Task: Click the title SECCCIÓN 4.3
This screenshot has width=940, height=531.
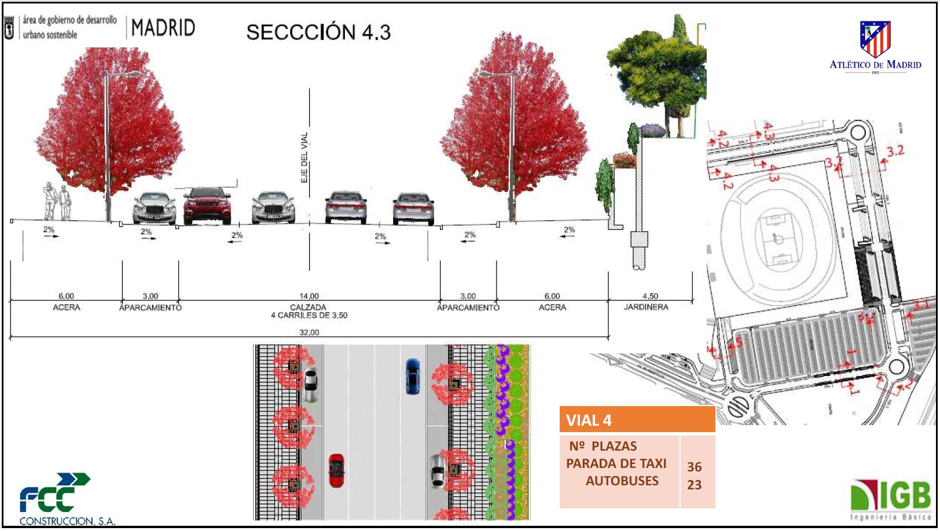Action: [318, 32]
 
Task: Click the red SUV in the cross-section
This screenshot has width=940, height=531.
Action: [207, 205]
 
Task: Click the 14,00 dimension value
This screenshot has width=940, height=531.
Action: [309, 296]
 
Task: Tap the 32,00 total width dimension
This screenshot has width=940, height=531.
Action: [309, 333]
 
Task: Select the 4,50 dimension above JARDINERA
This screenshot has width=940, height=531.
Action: [650, 296]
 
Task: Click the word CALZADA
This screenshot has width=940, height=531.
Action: [309, 307]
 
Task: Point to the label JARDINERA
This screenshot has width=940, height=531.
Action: [646, 307]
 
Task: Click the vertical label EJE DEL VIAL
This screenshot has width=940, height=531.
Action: [304, 157]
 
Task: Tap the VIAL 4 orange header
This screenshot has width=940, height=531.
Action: [637, 421]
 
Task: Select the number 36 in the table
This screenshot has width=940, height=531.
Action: [695, 467]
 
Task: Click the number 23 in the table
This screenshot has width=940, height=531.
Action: [695, 485]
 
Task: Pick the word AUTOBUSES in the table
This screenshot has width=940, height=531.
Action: [622, 481]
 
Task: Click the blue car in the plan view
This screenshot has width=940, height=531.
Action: [413, 376]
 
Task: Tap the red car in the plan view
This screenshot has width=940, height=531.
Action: [336, 470]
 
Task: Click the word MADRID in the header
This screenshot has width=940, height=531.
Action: [163, 28]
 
